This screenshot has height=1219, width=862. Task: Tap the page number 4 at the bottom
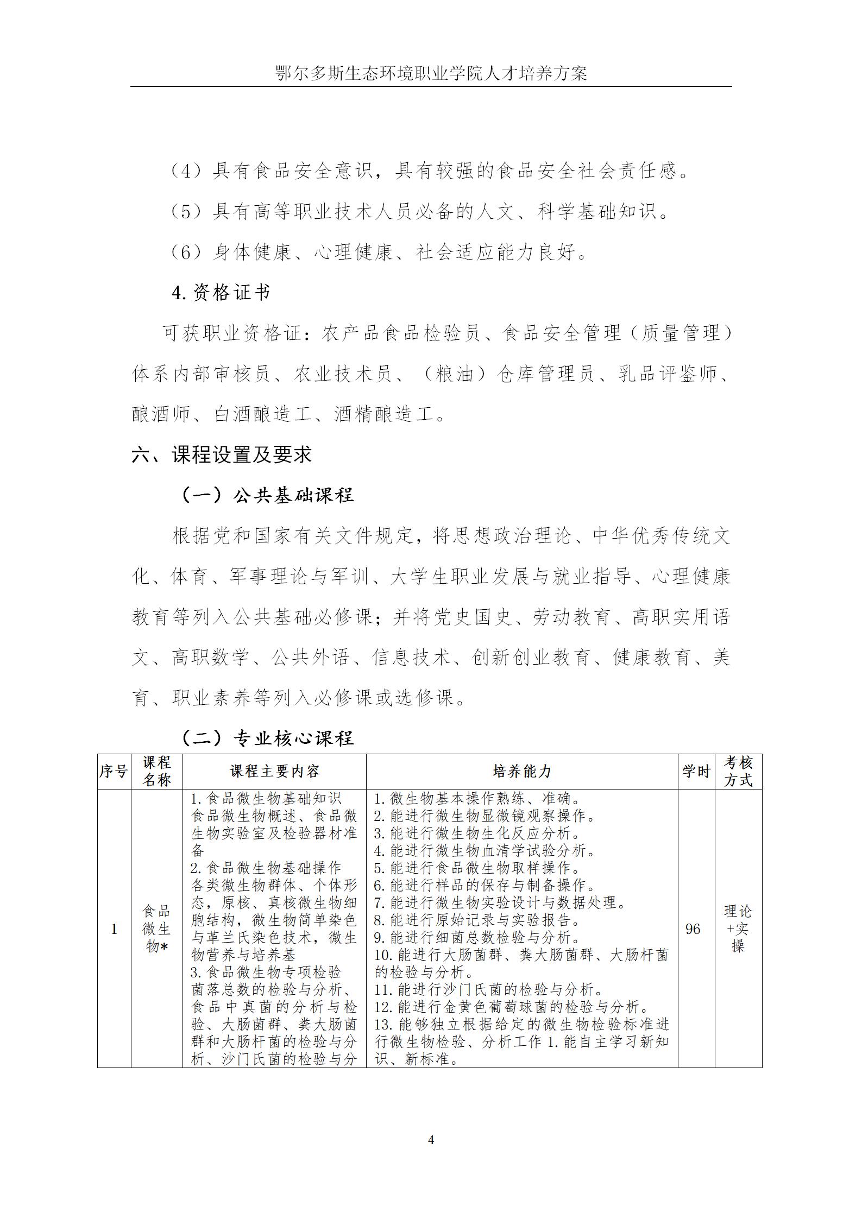pyautogui.click(x=431, y=1140)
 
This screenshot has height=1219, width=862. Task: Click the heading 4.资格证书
pyautogui.click(x=221, y=293)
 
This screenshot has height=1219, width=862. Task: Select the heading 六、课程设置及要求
pyautogui.click(x=222, y=454)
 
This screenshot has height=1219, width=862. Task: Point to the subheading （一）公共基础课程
pyautogui.click(x=266, y=495)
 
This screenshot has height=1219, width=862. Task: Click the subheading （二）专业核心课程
pyautogui.click(x=266, y=737)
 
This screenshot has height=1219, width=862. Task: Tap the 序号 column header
pyautogui.click(x=114, y=772)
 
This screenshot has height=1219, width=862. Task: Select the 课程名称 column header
pyautogui.click(x=156, y=772)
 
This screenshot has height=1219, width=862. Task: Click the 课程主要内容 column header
pyautogui.click(x=274, y=772)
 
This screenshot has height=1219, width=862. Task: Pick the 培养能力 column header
pyautogui.click(x=521, y=772)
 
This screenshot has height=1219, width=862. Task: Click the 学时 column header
pyautogui.click(x=696, y=772)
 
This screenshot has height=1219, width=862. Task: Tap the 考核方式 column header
pyautogui.click(x=738, y=772)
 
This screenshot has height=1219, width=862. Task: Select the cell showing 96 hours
pyautogui.click(x=693, y=929)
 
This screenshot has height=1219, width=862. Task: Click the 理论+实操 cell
pyautogui.click(x=738, y=929)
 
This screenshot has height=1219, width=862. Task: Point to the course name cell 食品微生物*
pyautogui.click(x=156, y=929)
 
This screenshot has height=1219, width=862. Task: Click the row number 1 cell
pyautogui.click(x=114, y=929)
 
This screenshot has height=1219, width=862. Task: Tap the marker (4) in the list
pyautogui.click(x=186, y=172)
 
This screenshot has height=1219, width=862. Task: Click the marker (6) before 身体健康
pyautogui.click(x=186, y=252)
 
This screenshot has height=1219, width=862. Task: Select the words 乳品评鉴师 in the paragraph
pyautogui.click(x=668, y=374)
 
